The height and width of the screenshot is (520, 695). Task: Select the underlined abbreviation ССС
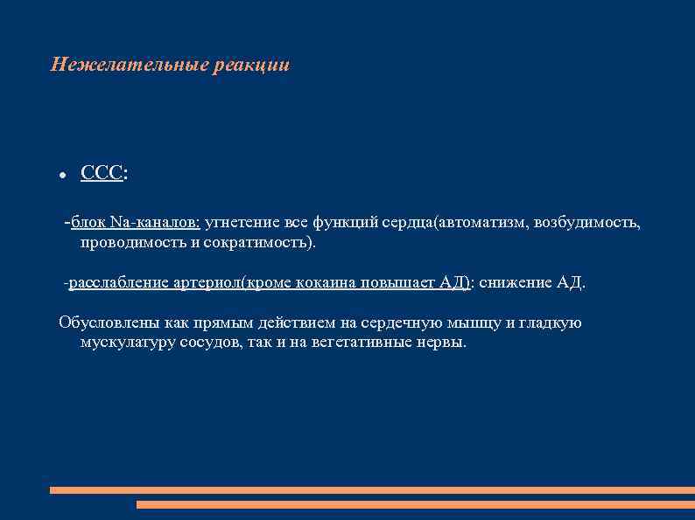tap(102, 174)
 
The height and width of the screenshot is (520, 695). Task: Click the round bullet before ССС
tap(62, 176)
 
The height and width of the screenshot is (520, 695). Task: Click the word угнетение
tap(240, 223)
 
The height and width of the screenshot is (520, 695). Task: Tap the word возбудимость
tap(591, 223)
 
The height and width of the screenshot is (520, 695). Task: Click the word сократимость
tap(257, 242)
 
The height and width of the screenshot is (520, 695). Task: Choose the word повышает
tap(406, 283)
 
